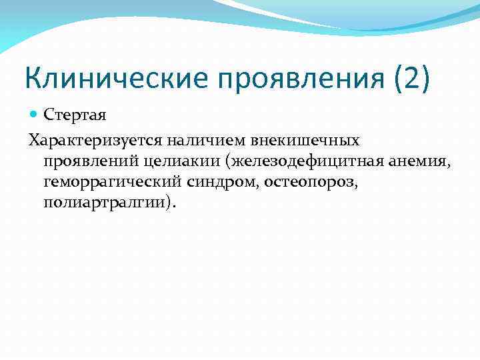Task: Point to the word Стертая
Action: (x=75, y=115)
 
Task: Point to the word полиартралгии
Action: (x=105, y=203)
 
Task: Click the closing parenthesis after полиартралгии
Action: (x=171, y=203)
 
